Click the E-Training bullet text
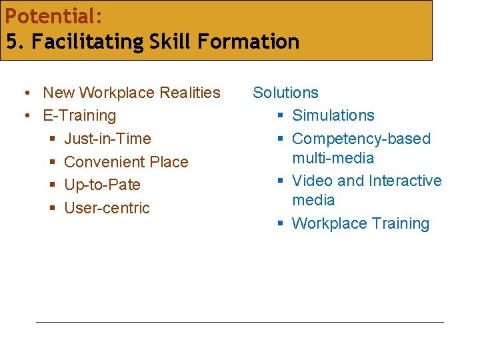coord(79,115)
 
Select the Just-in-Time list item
coord(107,139)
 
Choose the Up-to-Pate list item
coord(102,185)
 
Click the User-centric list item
coord(107,208)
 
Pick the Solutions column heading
coord(285,93)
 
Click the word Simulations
coord(333,115)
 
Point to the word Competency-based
coord(361,139)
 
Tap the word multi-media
coord(333,158)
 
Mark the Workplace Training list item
coord(361,223)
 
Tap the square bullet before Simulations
coord(280,116)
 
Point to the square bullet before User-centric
coord(52,209)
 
